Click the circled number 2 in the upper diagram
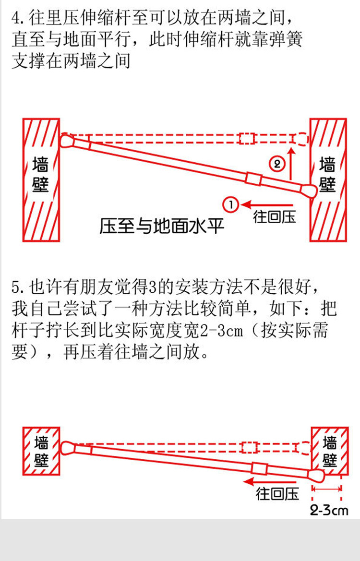[x=278, y=164]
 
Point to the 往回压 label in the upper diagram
[x=275, y=217]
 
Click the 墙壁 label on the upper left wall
[x=41, y=175]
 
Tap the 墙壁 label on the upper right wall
[x=327, y=175]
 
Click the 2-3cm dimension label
[x=329, y=510]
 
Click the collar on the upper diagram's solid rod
[x=253, y=179]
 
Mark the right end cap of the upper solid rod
[x=308, y=190]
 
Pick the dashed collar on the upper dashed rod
[x=247, y=139]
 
